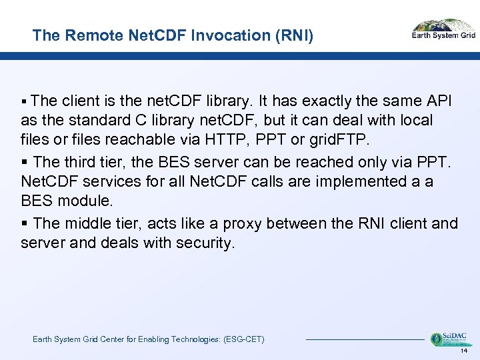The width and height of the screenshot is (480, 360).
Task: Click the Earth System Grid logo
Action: (x=443, y=30)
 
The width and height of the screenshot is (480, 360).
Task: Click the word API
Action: (x=438, y=101)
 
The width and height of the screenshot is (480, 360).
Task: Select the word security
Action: (x=205, y=243)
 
